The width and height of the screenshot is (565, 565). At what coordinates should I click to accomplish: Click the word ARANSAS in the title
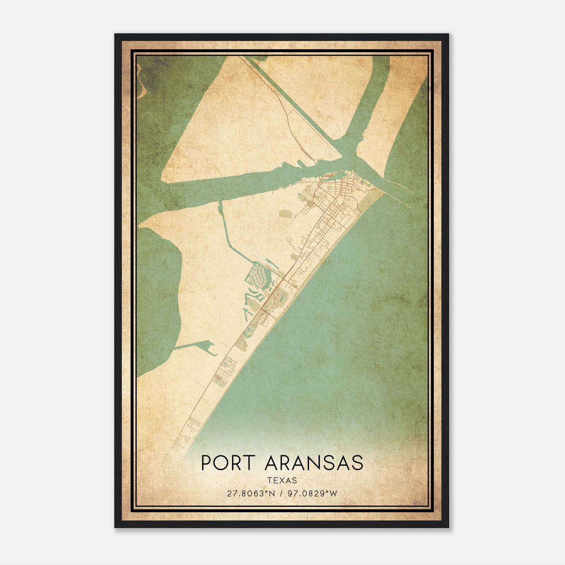coord(314,463)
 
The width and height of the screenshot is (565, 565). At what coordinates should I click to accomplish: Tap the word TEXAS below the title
coord(282,480)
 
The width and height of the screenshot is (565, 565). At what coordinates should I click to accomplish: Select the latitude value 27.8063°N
coord(251,493)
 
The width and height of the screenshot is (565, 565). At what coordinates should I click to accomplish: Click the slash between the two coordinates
coord(280,493)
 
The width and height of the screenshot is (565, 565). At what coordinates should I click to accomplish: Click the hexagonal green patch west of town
coord(285,214)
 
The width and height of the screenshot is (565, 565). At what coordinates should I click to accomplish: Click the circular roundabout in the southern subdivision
coord(219,378)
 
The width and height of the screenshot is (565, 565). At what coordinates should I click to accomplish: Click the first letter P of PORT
coord(206,463)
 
